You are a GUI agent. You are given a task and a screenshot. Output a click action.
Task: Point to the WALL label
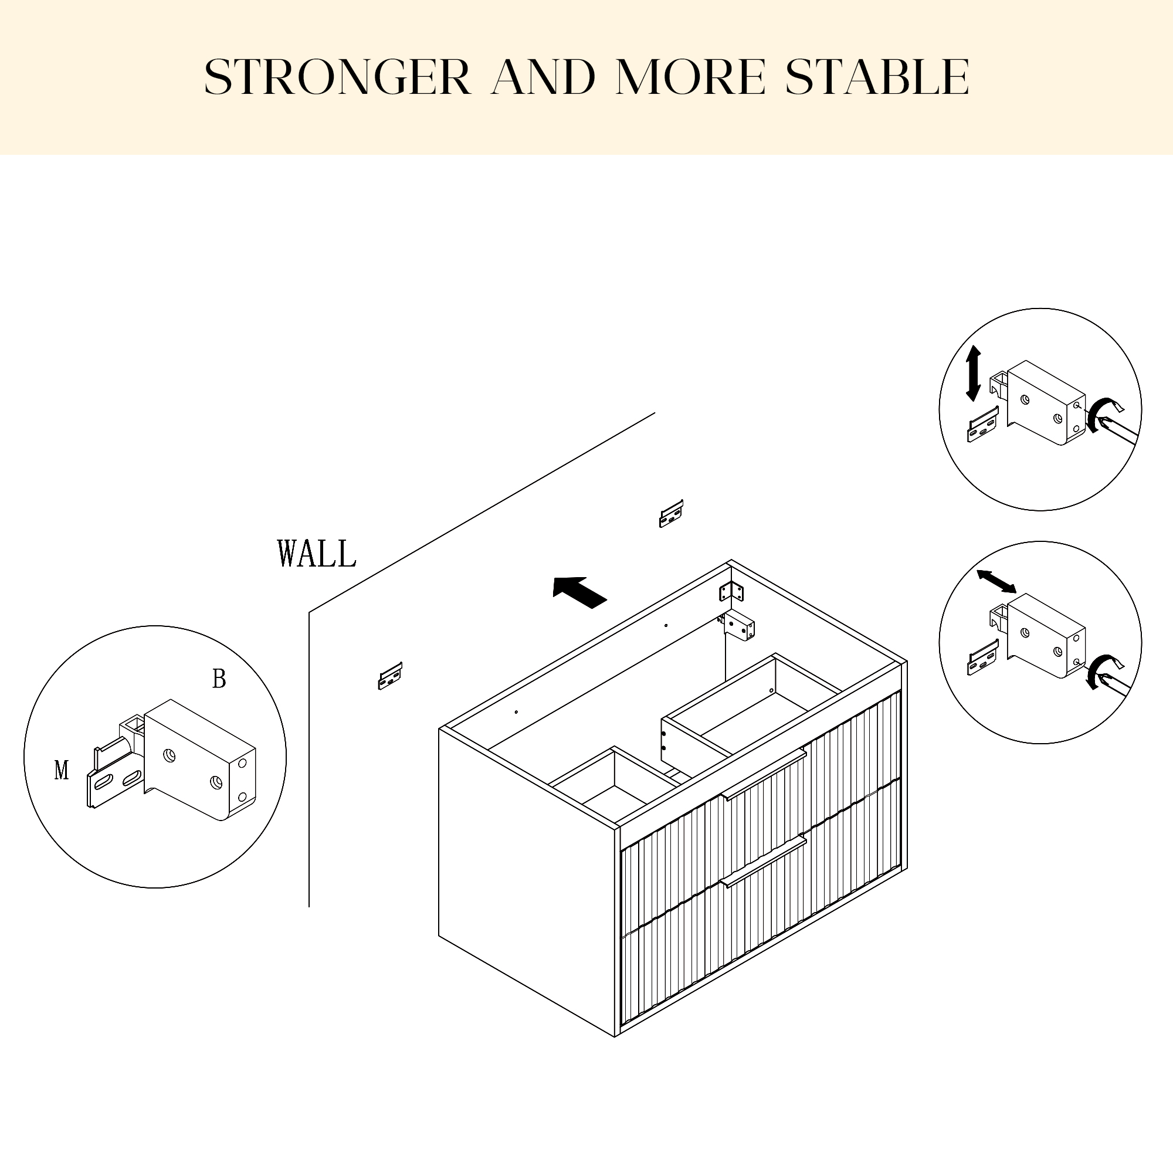pyautogui.click(x=316, y=553)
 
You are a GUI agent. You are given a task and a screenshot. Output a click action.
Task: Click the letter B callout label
pyautogui.click(x=219, y=678)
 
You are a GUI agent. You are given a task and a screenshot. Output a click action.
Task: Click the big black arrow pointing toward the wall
pyautogui.click(x=579, y=591)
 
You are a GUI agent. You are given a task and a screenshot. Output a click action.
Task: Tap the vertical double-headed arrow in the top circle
pyautogui.click(x=973, y=374)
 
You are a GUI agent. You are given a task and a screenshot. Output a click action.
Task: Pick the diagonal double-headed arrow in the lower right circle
pyautogui.click(x=996, y=581)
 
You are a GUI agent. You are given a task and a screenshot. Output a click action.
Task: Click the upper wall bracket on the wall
pyautogui.click(x=672, y=514)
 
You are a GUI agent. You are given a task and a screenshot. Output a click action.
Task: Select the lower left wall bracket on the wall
pyautogui.click(x=391, y=676)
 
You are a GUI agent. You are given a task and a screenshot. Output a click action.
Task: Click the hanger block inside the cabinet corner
pyautogui.click(x=740, y=626)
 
